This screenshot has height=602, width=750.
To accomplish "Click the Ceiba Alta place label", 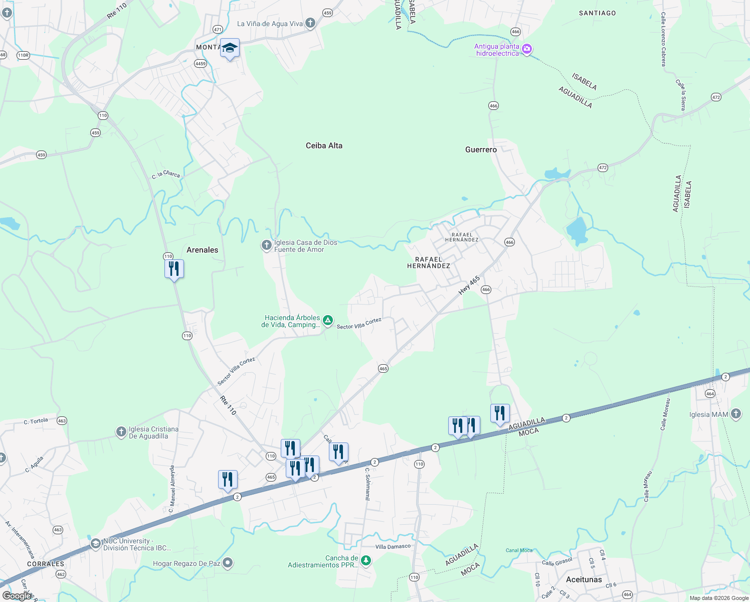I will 324,145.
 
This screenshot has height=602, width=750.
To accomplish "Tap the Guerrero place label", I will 481,149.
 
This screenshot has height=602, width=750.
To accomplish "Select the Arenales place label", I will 202,250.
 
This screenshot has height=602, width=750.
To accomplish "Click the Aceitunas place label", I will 584,579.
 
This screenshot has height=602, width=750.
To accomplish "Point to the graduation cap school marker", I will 230,48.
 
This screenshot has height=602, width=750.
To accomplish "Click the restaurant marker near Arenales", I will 174,269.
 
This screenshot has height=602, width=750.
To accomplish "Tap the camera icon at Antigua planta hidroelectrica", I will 526,49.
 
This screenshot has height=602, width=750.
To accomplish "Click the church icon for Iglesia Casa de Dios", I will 266,245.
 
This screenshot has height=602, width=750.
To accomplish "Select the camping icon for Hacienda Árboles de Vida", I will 327,321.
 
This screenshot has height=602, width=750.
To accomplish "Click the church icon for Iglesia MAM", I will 735,414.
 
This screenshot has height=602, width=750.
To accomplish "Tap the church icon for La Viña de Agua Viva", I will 310,23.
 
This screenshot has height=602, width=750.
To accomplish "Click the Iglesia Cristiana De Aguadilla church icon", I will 121,432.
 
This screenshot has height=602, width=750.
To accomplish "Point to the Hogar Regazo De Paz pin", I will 228,563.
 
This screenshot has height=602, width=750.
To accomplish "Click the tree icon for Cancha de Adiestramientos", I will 366,560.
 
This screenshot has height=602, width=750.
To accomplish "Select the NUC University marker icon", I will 95,544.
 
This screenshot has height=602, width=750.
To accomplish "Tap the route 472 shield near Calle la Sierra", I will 716,97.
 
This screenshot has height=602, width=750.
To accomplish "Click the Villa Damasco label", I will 393,546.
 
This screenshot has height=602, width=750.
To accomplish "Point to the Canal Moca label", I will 519,550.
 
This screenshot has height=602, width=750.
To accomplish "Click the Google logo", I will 17,595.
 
